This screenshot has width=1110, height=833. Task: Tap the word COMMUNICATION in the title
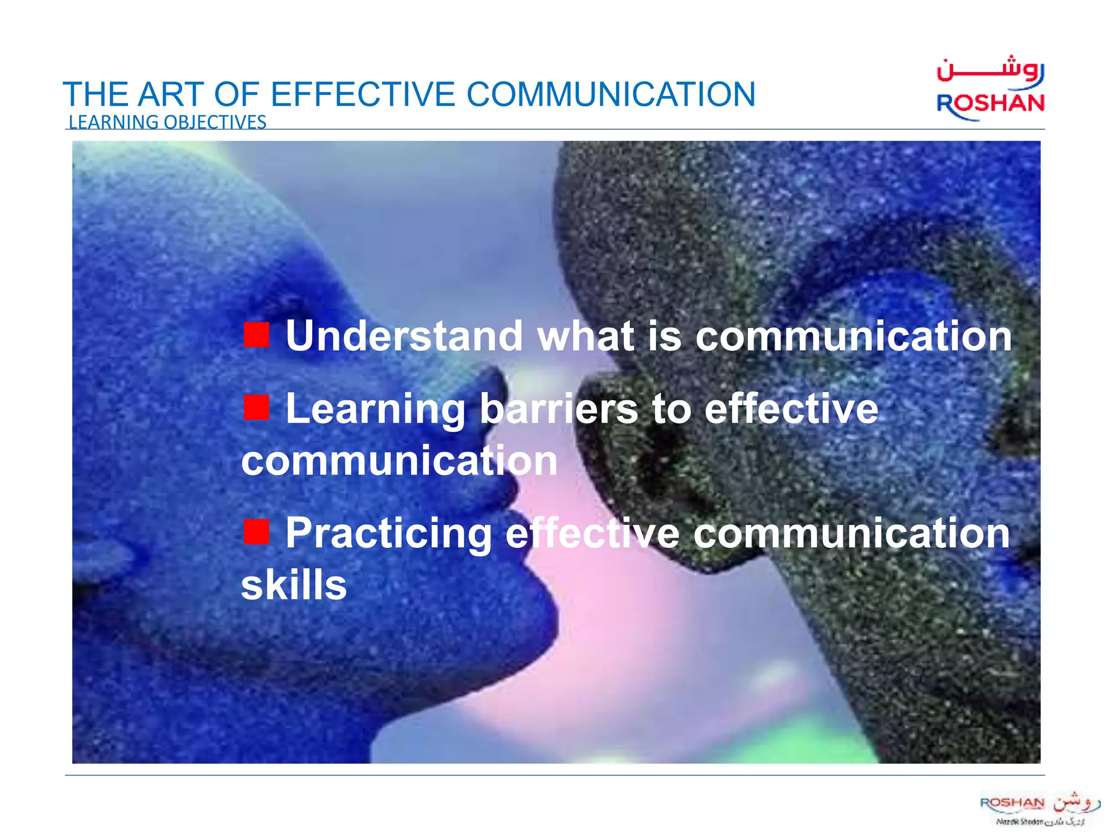(x=611, y=94)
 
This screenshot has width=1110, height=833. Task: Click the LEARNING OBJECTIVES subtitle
(x=167, y=122)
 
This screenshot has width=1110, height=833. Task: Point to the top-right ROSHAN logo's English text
(x=990, y=103)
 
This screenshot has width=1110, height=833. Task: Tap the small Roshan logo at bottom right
(x=1039, y=808)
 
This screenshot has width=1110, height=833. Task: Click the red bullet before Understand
(x=256, y=335)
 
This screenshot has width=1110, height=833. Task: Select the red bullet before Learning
(x=256, y=408)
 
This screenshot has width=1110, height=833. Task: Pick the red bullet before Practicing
(x=256, y=531)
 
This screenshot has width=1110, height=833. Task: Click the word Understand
(x=404, y=336)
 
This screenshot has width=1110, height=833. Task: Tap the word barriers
(x=559, y=409)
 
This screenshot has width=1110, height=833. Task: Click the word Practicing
(x=388, y=534)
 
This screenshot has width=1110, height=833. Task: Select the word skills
(x=294, y=585)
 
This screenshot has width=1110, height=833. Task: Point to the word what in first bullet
(x=585, y=336)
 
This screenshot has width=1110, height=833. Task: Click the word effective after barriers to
(x=791, y=409)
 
